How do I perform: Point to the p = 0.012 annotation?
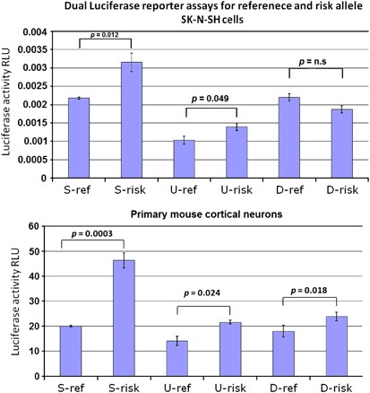tap(105, 41)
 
